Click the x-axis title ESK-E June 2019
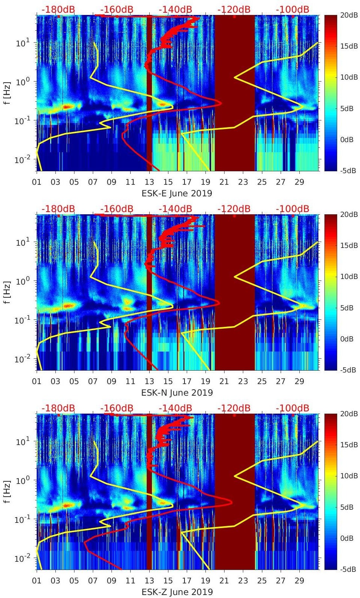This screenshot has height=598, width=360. pos(177,193)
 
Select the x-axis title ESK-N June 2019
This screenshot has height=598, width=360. pos(177,393)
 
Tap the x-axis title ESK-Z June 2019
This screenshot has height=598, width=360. pos(177,592)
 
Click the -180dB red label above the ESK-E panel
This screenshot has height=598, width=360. pos(58,9)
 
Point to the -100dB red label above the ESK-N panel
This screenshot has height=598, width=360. pos(293,209)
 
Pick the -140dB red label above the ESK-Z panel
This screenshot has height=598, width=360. pos(175,408)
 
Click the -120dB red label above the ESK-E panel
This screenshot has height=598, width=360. pos(234,9)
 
